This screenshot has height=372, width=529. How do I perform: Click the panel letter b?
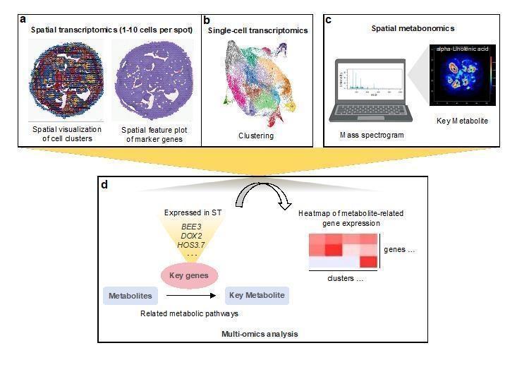[207, 20]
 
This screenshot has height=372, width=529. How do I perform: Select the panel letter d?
[104, 185]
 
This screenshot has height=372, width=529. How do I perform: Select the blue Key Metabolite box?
[257, 296]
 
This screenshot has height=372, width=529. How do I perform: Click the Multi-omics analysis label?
[259, 332]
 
